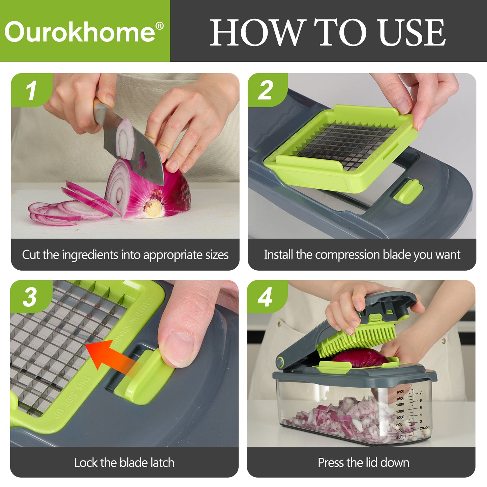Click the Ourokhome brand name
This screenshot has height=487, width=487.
click(80, 32)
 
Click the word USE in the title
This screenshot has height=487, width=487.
click(412, 32)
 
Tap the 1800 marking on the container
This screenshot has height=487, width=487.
click(400, 392)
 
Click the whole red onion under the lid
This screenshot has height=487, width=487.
click(360, 357)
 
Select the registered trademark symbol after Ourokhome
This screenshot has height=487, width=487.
click(159, 25)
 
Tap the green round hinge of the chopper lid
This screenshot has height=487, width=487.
click(280, 362)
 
